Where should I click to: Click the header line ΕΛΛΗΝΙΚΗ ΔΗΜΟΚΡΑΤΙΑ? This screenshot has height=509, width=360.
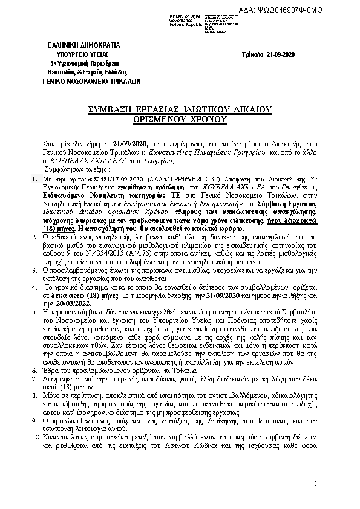(x=83, y=45)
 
